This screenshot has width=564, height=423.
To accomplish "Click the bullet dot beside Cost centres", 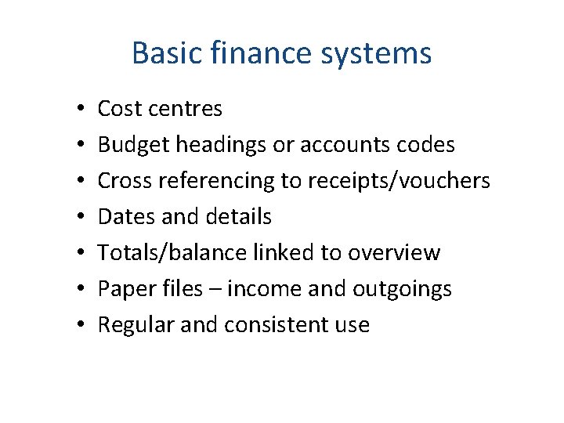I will (x=81, y=109).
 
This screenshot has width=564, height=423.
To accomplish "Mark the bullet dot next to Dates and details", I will (x=81, y=217).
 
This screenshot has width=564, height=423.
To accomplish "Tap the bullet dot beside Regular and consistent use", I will (x=81, y=325).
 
